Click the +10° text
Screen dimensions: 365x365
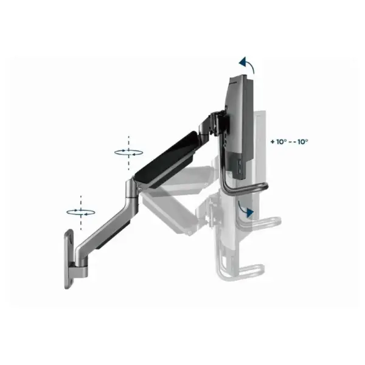pos(279,141)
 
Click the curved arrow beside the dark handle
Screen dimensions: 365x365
pos(246,209)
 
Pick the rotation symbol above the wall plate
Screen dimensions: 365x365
pos(81,211)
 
